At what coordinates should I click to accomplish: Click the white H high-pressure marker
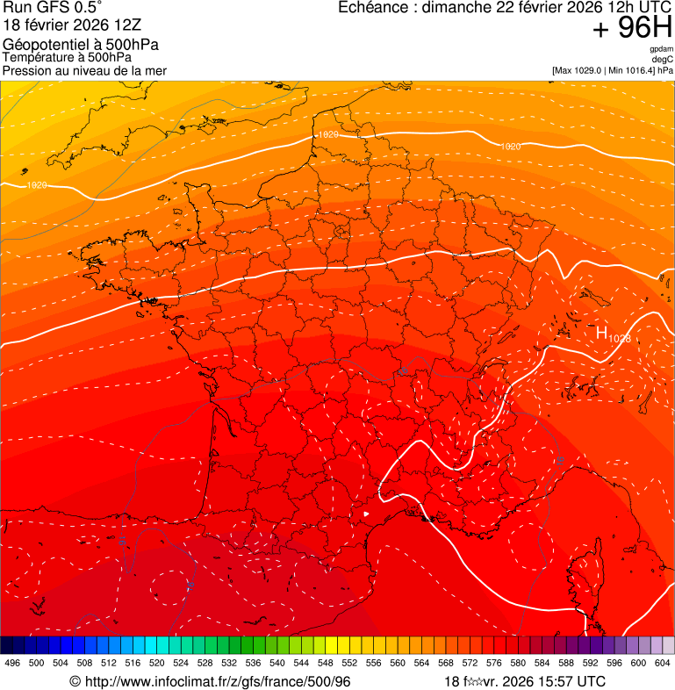pyautogui.click(x=602, y=333)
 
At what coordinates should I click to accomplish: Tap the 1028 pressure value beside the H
pyautogui.click(x=620, y=338)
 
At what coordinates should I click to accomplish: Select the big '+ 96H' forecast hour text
pyautogui.click(x=632, y=29)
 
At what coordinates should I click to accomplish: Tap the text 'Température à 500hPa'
pyautogui.click(x=74, y=58)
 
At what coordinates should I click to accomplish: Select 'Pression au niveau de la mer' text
pyautogui.click(x=84, y=70)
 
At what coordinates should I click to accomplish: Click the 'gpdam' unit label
pyautogui.click(x=662, y=49)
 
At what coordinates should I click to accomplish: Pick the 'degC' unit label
pyautogui.click(x=664, y=60)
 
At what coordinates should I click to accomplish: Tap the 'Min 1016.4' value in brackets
pyautogui.click(x=632, y=70)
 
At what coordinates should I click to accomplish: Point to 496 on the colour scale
pyautogui.click(x=12, y=663)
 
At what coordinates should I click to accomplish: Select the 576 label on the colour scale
pyautogui.click(x=493, y=663)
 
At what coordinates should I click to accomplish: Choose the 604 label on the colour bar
pyautogui.click(x=663, y=663)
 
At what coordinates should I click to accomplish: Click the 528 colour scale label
pyautogui.click(x=205, y=663)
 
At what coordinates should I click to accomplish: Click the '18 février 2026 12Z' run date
pyautogui.click(x=72, y=26)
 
